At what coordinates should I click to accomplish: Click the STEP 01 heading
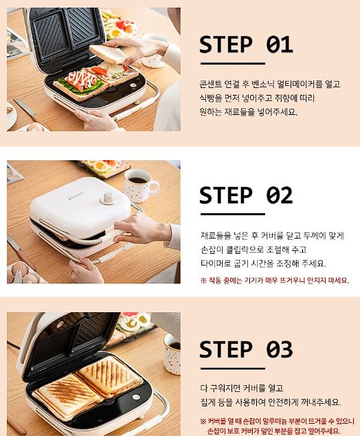click(x=246, y=45)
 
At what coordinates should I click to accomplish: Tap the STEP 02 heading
click(x=246, y=195)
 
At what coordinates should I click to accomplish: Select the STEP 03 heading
click(x=246, y=349)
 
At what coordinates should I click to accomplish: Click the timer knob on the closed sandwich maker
click(x=107, y=198)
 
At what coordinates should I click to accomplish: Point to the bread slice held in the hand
click(x=108, y=54)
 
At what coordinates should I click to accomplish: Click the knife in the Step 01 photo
click(x=25, y=109)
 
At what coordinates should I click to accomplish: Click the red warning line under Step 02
click(x=274, y=281)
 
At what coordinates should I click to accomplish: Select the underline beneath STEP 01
click(x=233, y=64)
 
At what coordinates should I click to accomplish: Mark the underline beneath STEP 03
click(x=233, y=369)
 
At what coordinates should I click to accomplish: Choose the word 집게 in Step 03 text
click(x=207, y=402)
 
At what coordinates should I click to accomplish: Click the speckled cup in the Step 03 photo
click(x=172, y=354)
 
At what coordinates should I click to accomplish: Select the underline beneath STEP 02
click(x=233, y=214)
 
